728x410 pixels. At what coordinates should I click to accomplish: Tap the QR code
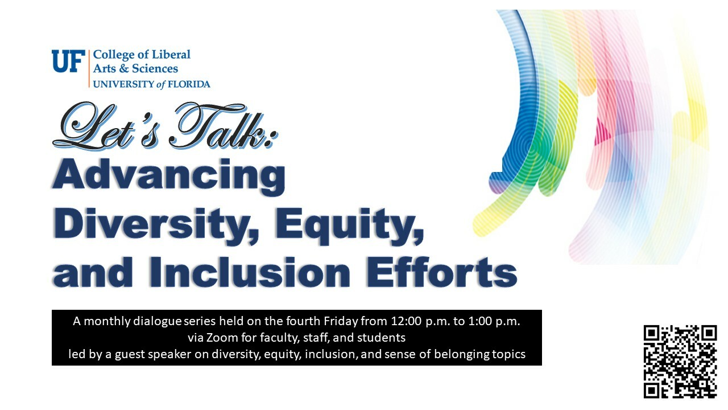680,362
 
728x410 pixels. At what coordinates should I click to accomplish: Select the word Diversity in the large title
156,225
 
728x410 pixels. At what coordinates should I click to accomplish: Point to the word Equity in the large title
350,225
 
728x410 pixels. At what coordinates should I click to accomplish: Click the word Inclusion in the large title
250,272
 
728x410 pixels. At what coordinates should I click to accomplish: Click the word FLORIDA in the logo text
189,84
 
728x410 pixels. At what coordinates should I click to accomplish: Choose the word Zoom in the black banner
222,338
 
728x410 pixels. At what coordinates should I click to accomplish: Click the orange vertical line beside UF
89,69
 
